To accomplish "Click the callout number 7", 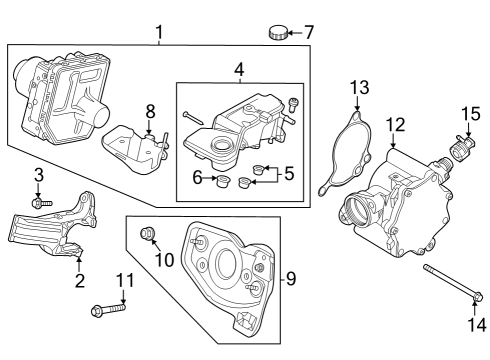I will pos(309,32).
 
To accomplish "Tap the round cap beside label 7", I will pos(277,33).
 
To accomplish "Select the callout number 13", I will pos(359,91).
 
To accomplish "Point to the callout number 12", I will pos(396,125).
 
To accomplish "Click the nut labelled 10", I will pos(149,235).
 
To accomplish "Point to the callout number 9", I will pos(291,277).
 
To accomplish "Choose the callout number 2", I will pos(80,281).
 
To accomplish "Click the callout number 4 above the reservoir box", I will pos(239,71).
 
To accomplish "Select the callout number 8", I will pos(150,110).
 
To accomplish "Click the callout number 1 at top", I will pos(159,33).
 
